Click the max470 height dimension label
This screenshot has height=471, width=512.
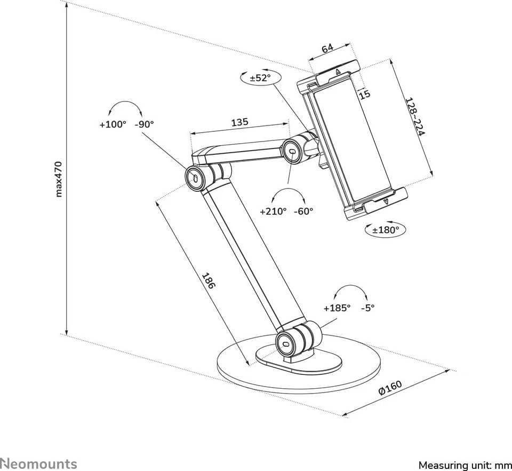pos(59,179)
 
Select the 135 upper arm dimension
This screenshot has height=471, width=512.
pos(239,122)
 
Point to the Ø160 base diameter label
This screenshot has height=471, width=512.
pos(390,387)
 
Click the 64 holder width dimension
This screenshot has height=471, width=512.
pos(327,49)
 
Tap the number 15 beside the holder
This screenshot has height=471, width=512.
pos(364,95)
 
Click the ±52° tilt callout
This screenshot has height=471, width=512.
pos(260,78)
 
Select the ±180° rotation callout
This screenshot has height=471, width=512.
pos(385,230)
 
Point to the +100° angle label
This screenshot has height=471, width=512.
pos(113,124)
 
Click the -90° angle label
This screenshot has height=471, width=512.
pos(144,124)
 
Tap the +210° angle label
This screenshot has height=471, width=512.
pos(273,211)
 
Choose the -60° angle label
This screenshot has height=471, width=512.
pos(303,211)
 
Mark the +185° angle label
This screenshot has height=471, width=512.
pos(337,308)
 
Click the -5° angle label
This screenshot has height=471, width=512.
pos(367,308)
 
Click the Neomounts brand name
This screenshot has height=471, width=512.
pos(38,464)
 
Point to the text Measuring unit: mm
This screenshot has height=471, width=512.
pos(465,465)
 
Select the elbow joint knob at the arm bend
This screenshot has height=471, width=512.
pos(196,177)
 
